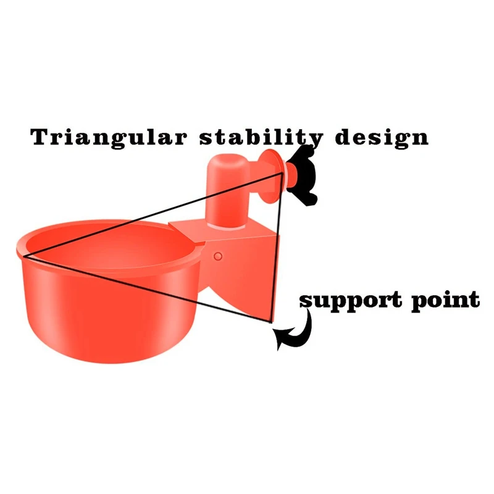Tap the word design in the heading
(x=381, y=137)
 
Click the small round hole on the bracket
(x=217, y=256)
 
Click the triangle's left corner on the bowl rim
(x=25, y=254)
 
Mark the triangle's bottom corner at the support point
(x=272, y=321)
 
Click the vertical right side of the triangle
(x=278, y=247)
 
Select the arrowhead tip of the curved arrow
(x=277, y=339)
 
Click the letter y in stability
(x=315, y=141)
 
